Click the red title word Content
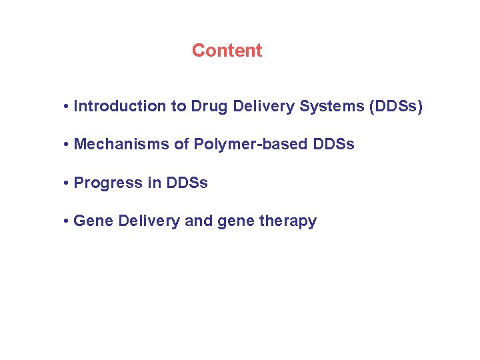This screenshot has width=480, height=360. (227, 51)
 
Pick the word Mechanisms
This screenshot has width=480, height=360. (122, 145)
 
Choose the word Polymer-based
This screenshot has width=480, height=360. (246, 145)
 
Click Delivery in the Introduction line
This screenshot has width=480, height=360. (259, 106)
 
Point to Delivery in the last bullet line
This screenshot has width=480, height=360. (149, 221)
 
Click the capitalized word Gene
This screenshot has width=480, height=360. (93, 221)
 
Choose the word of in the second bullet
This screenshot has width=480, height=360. (181, 145)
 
